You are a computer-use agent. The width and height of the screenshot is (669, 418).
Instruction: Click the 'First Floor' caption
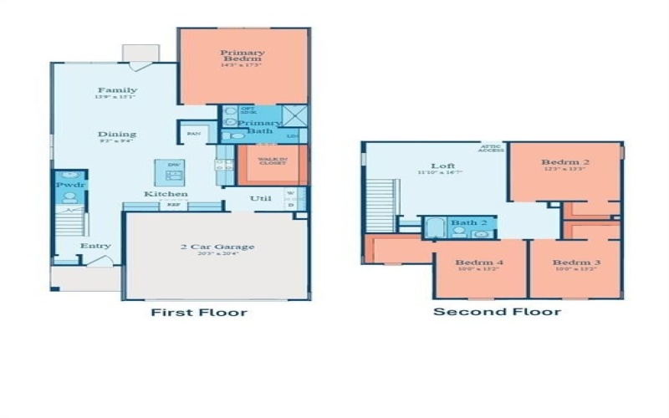click(198, 313)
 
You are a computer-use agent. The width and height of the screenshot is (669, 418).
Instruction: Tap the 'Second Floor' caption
click(496, 312)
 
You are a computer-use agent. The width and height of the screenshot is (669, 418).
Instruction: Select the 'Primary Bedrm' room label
click(242, 56)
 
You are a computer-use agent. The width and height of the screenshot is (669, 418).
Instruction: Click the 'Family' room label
click(116, 90)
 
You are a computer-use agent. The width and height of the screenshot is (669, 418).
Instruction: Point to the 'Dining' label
click(116, 134)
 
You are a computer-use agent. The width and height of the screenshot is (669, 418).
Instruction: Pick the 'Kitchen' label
click(165, 194)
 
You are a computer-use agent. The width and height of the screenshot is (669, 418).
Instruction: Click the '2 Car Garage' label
click(217, 247)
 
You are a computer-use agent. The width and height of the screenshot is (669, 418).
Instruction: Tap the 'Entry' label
click(95, 246)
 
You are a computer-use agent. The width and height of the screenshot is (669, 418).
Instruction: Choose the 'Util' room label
click(259, 199)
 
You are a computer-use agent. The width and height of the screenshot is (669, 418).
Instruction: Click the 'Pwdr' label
click(69, 184)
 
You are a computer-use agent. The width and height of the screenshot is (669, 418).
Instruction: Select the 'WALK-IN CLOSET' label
click(273, 161)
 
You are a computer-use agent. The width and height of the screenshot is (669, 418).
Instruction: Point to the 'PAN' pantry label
click(193, 134)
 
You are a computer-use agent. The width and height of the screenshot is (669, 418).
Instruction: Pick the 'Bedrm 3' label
click(576, 263)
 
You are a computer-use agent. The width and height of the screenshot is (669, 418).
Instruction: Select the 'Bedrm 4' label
click(479, 263)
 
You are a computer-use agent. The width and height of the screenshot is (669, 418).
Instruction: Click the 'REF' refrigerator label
click(174, 204)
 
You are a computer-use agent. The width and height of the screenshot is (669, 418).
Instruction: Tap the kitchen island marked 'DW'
click(173, 171)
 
